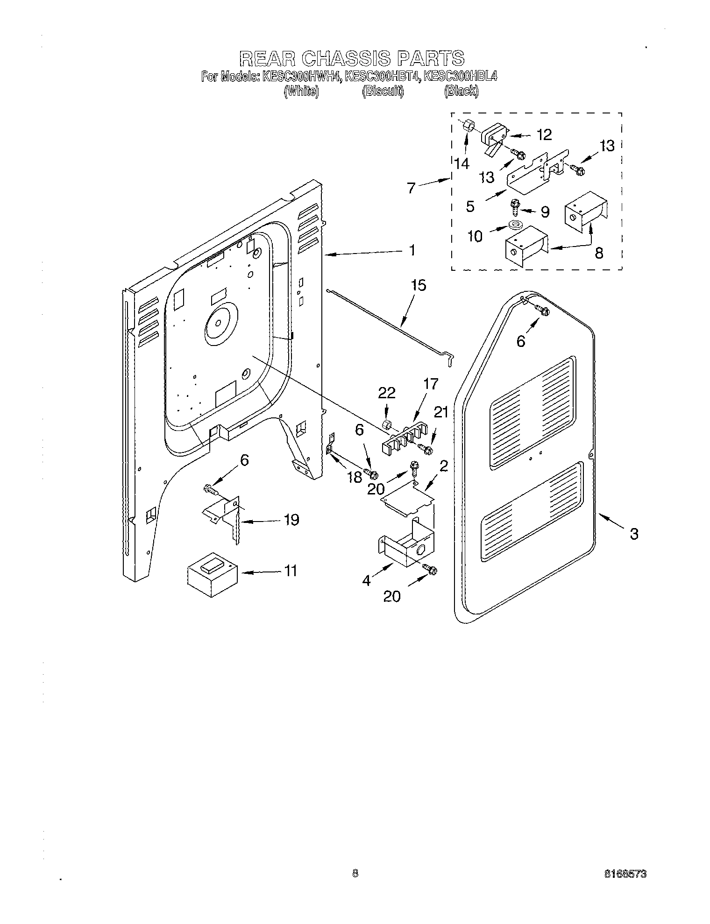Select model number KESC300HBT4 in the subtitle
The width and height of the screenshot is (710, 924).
pos(382,76)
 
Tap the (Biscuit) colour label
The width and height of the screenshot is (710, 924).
pos(383,92)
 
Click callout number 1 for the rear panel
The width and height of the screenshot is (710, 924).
pos(412,250)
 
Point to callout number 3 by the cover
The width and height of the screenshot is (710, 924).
pos(633,534)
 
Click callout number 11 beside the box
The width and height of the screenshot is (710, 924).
pos(291,571)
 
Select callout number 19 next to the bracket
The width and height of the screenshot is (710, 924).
pos(291,520)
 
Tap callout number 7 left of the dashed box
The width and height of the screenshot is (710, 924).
pos(411,189)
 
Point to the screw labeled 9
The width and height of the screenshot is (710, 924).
pos(516,205)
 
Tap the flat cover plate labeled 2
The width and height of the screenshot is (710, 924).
pos(407,500)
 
